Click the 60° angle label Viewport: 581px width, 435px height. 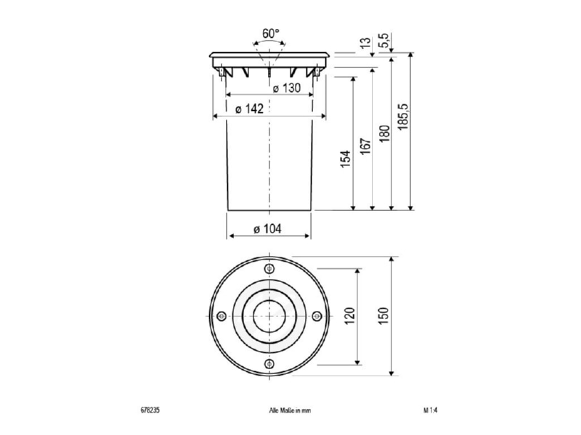pyautogui.click(x=270, y=33)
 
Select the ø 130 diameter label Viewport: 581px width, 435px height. pyautogui.click(x=287, y=88)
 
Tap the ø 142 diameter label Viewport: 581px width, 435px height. pyautogui.click(x=249, y=109)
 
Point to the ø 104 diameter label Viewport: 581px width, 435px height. pyautogui.click(x=267, y=229)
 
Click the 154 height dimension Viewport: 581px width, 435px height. pyautogui.click(x=346, y=159)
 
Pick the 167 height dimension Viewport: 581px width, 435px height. pyautogui.click(x=365, y=146)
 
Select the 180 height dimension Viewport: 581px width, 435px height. pyautogui.click(x=384, y=134)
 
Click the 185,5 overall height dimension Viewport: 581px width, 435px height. pyautogui.click(x=403, y=116)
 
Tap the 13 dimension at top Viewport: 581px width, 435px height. pyautogui.click(x=365, y=42)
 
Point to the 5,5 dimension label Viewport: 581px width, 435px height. pyautogui.click(x=384, y=41)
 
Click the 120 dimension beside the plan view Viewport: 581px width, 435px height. pyautogui.click(x=350, y=316)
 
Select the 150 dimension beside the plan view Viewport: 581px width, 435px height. pyautogui.click(x=383, y=316)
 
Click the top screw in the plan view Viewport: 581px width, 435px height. pyautogui.click(x=269, y=269)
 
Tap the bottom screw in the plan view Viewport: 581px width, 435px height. pyautogui.click(x=269, y=364)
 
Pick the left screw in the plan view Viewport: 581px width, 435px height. pyautogui.click(x=222, y=316)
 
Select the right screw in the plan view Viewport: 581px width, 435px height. pyautogui.click(x=317, y=316)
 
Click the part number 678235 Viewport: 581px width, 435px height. pyautogui.click(x=150, y=410)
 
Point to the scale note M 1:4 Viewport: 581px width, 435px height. pyautogui.click(x=431, y=410)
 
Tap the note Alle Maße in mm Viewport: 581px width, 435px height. pyautogui.click(x=290, y=410)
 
